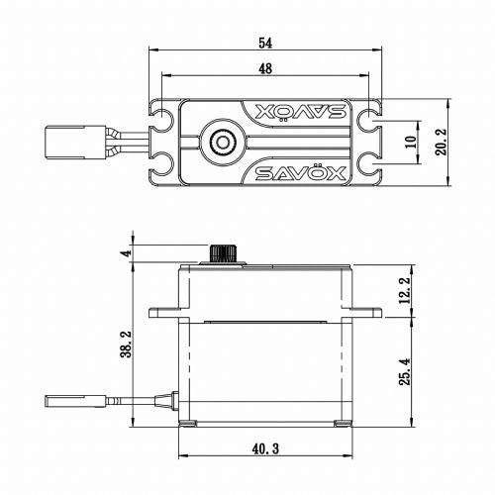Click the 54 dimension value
pos(265,44)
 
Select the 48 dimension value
pos(265,68)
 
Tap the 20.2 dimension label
pos(441,142)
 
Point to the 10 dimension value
pos(411,142)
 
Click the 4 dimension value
pos(127,253)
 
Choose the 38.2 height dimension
pos(127,345)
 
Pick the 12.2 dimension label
pos(405,290)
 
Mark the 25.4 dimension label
pos(405,371)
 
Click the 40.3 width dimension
pos(265,448)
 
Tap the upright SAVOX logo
pos(300,173)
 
